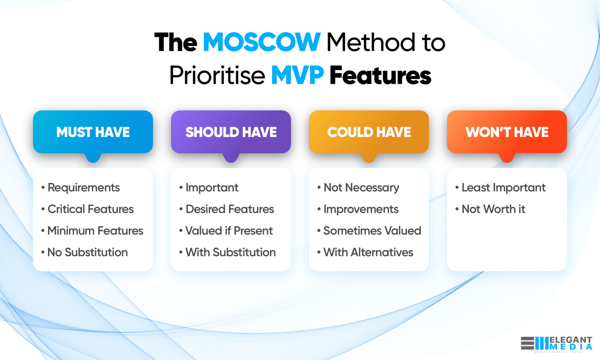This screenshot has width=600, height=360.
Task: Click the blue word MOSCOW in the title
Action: [x=261, y=42]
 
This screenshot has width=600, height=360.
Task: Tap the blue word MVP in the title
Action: [x=297, y=75]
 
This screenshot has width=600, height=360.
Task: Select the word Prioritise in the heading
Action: [x=217, y=75]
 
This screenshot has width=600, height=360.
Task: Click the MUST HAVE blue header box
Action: [x=93, y=132]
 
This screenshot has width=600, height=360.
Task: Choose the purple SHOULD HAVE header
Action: [x=231, y=132]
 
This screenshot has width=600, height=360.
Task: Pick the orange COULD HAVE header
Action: [x=369, y=132]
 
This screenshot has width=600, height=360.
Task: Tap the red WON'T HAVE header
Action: [x=507, y=132]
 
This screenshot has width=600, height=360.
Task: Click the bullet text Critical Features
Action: [x=90, y=209]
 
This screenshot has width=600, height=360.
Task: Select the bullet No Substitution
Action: [x=87, y=252]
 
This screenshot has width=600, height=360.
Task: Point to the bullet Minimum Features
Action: [x=95, y=231]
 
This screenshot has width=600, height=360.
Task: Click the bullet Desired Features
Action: [x=230, y=209]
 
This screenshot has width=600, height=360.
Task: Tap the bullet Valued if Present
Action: [x=229, y=231]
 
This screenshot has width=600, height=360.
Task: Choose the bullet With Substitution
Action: [x=230, y=252]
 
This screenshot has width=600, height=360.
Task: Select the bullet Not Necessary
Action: [x=361, y=188]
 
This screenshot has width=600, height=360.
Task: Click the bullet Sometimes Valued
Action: [x=372, y=231]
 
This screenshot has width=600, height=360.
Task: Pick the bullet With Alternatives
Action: [x=368, y=252]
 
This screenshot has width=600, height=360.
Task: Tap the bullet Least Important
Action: [x=503, y=188]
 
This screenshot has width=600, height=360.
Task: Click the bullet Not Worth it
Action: [x=493, y=209]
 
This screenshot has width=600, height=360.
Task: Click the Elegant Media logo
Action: [x=556, y=343]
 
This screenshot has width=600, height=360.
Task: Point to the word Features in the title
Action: [x=380, y=75]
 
